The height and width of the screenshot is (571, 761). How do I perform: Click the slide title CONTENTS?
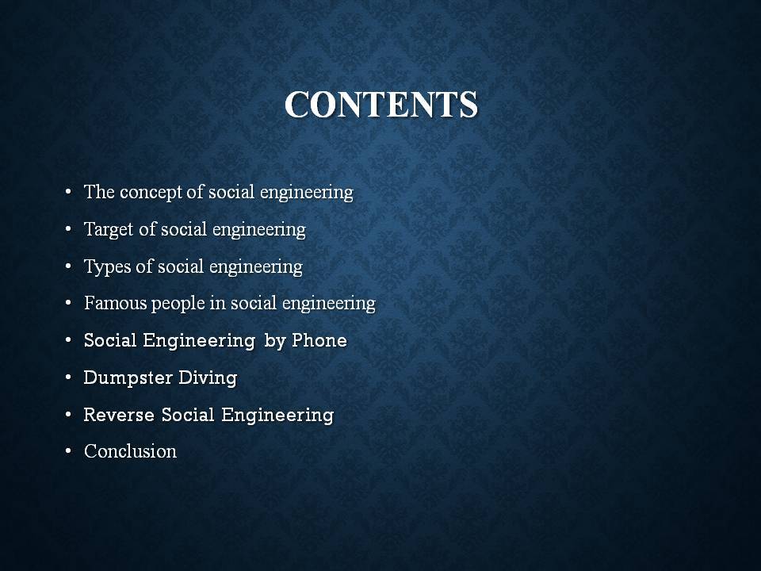381,104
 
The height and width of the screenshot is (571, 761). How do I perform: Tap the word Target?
109,230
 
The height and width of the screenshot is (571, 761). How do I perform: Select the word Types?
107,267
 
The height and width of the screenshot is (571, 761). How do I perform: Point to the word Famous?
115,303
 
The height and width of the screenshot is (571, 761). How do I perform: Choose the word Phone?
319,340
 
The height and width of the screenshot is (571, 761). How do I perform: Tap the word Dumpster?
128,378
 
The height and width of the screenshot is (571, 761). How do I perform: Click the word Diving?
208,378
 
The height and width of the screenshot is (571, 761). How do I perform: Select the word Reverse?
120,415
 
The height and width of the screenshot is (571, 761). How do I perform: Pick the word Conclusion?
130,451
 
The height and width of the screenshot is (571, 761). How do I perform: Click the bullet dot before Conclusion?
68,452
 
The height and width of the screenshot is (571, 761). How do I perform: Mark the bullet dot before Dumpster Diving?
68,377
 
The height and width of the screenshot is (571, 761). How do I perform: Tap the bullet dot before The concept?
68,192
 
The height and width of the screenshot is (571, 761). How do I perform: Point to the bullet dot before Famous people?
68,304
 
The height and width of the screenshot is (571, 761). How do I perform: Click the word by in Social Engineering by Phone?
275,341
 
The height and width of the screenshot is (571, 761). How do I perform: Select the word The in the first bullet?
99,192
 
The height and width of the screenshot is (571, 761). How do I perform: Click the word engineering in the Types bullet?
256,267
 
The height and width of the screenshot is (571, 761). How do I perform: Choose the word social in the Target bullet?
184,229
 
